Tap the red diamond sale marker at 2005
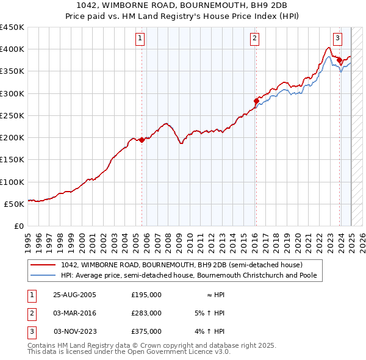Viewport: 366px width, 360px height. pyautogui.click(x=142, y=140)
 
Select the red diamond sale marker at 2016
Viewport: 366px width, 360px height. pyautogui.click(x=256, y=101)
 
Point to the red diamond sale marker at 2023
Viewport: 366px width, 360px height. pyautogui.click(x=339, y=60)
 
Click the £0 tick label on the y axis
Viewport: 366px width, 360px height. pyautogui.click(x=18, y=226)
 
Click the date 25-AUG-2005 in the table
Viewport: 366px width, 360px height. pyautogui.click(x=75, y=295)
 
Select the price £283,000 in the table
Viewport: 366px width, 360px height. pyautogui.click(x=146, y=313)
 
